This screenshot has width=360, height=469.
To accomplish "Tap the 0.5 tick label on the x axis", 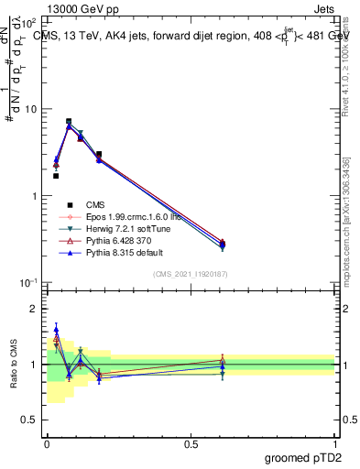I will pos(191,442).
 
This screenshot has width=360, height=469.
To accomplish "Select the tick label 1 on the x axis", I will pos(335,442).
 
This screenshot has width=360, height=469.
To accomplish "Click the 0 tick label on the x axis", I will pos(47,442).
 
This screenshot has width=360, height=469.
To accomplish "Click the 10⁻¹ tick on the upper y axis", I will pos(27,283).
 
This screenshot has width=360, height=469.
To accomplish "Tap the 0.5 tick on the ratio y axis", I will pos(29,420).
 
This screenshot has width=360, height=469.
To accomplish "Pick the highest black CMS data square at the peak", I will pos(69,121).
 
